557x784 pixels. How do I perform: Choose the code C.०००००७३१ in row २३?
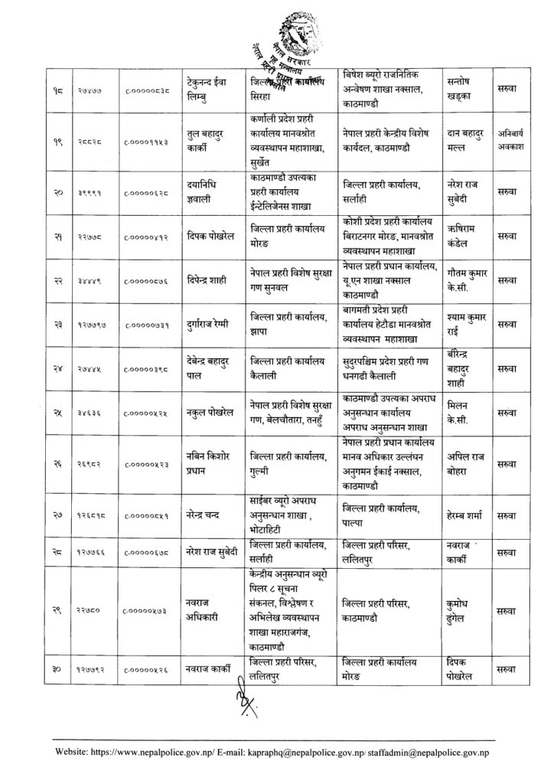pos(147,329)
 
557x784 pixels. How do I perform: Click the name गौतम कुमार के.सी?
pos(468,287)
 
